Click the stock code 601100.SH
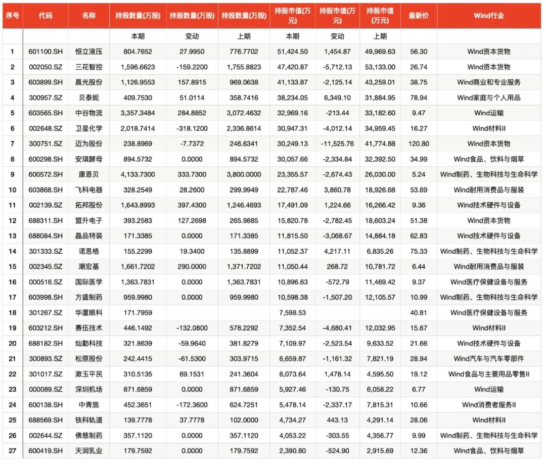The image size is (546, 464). click(45, 52)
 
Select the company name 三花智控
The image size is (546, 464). click(88, 67)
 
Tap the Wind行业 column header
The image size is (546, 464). click(488, 16)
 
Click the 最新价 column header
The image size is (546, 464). click(419, 16)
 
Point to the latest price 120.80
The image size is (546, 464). click(419, 144)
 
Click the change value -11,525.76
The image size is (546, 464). click(337, 144)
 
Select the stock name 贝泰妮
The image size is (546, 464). click(88, 98)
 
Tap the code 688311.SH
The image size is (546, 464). click(45, 220)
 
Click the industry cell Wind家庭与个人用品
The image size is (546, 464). click(488, 98)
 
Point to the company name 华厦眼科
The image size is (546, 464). click(88, 312)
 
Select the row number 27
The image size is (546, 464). click(12, 451)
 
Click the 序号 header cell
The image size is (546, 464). click(12, 16)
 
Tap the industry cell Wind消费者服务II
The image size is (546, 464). click(488, 405)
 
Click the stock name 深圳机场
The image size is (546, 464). click(88, 389)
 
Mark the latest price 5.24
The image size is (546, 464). click(419, 174)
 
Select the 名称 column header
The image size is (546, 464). click(88, 16)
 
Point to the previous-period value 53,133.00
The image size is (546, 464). click(380, 67)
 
